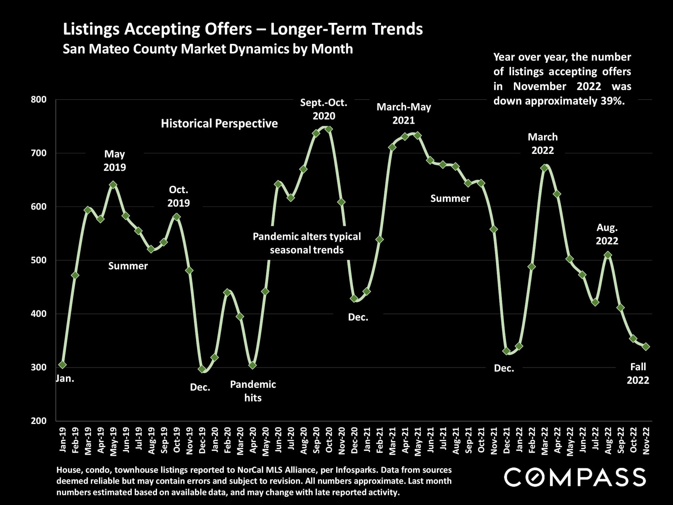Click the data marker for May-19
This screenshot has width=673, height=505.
(113, 185)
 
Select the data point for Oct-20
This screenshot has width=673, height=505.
(329, 129)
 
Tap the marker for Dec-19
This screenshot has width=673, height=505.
(202, 369)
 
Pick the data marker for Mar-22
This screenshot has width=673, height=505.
(544, 168)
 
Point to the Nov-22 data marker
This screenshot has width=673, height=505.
(646, 346)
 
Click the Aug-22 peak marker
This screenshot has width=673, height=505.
(608, 255)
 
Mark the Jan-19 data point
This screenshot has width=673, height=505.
(62, 365)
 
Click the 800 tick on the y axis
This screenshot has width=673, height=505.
(39, 100)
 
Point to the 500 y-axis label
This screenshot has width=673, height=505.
(39, 260)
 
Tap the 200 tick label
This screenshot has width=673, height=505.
(39, 421)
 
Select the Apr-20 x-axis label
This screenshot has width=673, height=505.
(253, 441)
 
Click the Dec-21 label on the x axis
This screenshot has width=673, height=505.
(507, 441)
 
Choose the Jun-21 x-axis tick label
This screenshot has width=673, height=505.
(430, 441)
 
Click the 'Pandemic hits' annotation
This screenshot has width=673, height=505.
(253, 391)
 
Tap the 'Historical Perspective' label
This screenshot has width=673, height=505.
(219, 123)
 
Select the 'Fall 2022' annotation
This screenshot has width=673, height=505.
(638, 373)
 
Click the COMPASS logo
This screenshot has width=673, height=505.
(575, 477)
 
